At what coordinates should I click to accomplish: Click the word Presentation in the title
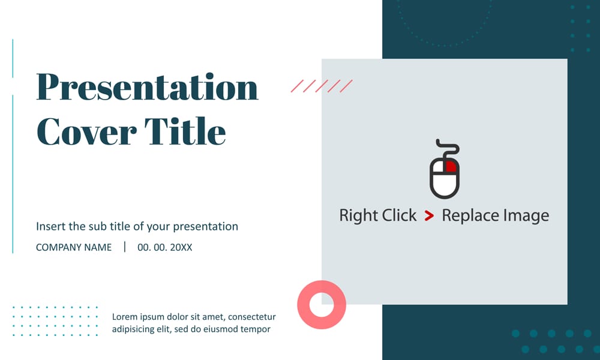[x=147, y=88]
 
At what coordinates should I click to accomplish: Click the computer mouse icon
[x=445, y=174]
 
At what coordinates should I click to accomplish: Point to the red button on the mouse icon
[x=450, y=167]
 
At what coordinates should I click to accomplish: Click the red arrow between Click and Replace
[x=429, y=216]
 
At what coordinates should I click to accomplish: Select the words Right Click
[x=377, y=216]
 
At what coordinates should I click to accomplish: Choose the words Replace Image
[x=495, y=216]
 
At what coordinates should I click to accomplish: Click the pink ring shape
[x=322, y=305]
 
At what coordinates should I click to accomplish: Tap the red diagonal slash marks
[x=322, y=86]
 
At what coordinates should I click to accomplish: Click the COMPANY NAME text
[x=74, y=247]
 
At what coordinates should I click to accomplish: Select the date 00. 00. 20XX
[x=165, y=247]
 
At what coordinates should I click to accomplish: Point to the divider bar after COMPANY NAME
[x=125, y=247]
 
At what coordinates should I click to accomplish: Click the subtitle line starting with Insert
[x=137, y=227]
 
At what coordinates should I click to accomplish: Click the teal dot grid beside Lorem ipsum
[x=55, y=321]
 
